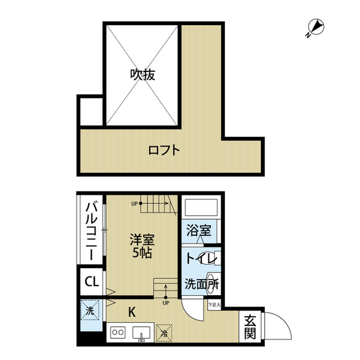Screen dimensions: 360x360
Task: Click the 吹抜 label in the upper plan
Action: (142, 75)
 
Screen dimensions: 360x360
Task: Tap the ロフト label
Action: (163, 152)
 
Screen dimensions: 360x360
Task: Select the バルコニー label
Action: (91, 230)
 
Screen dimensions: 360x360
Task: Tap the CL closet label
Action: (91, 282)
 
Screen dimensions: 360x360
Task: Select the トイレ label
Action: (199, 259)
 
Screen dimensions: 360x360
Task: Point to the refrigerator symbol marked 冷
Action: (165, 333)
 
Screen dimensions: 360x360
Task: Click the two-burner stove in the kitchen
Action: (118, 333)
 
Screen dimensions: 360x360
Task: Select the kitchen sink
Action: (140, 333)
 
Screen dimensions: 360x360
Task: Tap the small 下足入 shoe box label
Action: (214, 304)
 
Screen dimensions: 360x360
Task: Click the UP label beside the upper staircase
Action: (135, 204)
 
